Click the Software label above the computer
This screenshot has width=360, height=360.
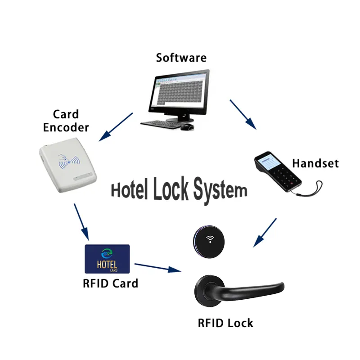tap(181, 58)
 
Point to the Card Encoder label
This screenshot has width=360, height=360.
tap(66, 121)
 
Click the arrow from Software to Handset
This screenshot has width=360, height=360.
tap(243, 114)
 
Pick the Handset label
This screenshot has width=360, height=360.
tap(315, 163)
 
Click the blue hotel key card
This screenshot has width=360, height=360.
tap(107, 259)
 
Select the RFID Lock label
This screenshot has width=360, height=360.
tap(225, 323)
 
